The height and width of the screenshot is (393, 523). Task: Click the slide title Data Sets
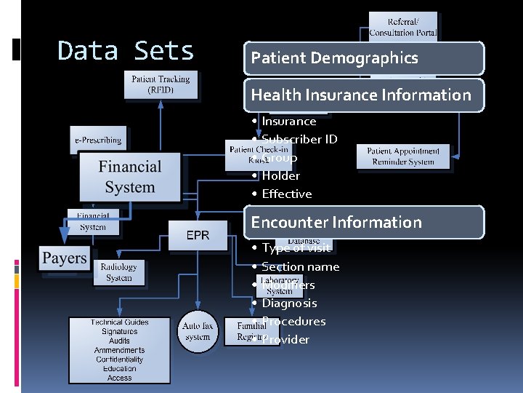(x=126, y=51)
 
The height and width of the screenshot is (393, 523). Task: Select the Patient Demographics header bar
(x=363, y=58)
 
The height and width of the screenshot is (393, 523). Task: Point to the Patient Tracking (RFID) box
(x=161, y=84)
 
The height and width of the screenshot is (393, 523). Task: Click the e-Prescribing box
(x=98, y=139)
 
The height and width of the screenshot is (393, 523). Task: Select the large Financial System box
(x=129, y=177)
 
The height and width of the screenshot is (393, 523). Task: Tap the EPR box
(x=198, y=236)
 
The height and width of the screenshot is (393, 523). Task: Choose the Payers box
(x=64, y=258)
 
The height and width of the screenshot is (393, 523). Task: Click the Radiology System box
(x=118, y=272)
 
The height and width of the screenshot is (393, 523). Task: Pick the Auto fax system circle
(x=198, y=332)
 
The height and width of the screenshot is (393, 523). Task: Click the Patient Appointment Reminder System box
(x=403, y=156)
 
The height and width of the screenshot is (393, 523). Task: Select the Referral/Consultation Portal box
(x=403, y=28)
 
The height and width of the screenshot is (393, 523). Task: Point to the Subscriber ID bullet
(x=299, y=139)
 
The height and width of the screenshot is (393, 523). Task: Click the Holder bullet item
(x=280, y=175)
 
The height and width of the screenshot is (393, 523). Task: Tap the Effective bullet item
(x=286, y=194)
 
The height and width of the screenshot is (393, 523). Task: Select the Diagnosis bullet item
(x=289, y=303)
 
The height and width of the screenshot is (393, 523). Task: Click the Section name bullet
(x=300, y=266)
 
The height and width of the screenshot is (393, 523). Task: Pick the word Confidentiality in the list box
(x=119, y=360)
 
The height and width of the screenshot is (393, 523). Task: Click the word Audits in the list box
(x=119, y=341)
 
